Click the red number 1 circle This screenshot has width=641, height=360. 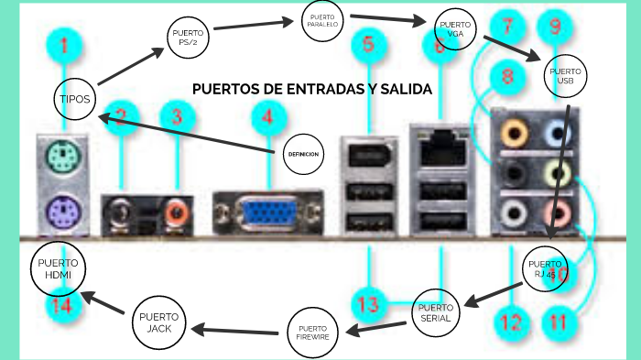click(64, 43)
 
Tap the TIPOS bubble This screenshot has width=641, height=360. click(75, 99)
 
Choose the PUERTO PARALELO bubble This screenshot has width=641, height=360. click(321, 21)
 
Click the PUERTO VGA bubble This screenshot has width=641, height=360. click(455, 28)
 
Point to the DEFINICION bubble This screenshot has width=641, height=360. click(302, 154)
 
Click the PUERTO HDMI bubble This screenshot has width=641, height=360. click(58, 268)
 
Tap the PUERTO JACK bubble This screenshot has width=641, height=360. click(159, 322)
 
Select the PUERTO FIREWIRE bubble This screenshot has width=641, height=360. click(311, 333)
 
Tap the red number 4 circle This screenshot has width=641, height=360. click(266, 116)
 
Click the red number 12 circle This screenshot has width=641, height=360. click(510, 322)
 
